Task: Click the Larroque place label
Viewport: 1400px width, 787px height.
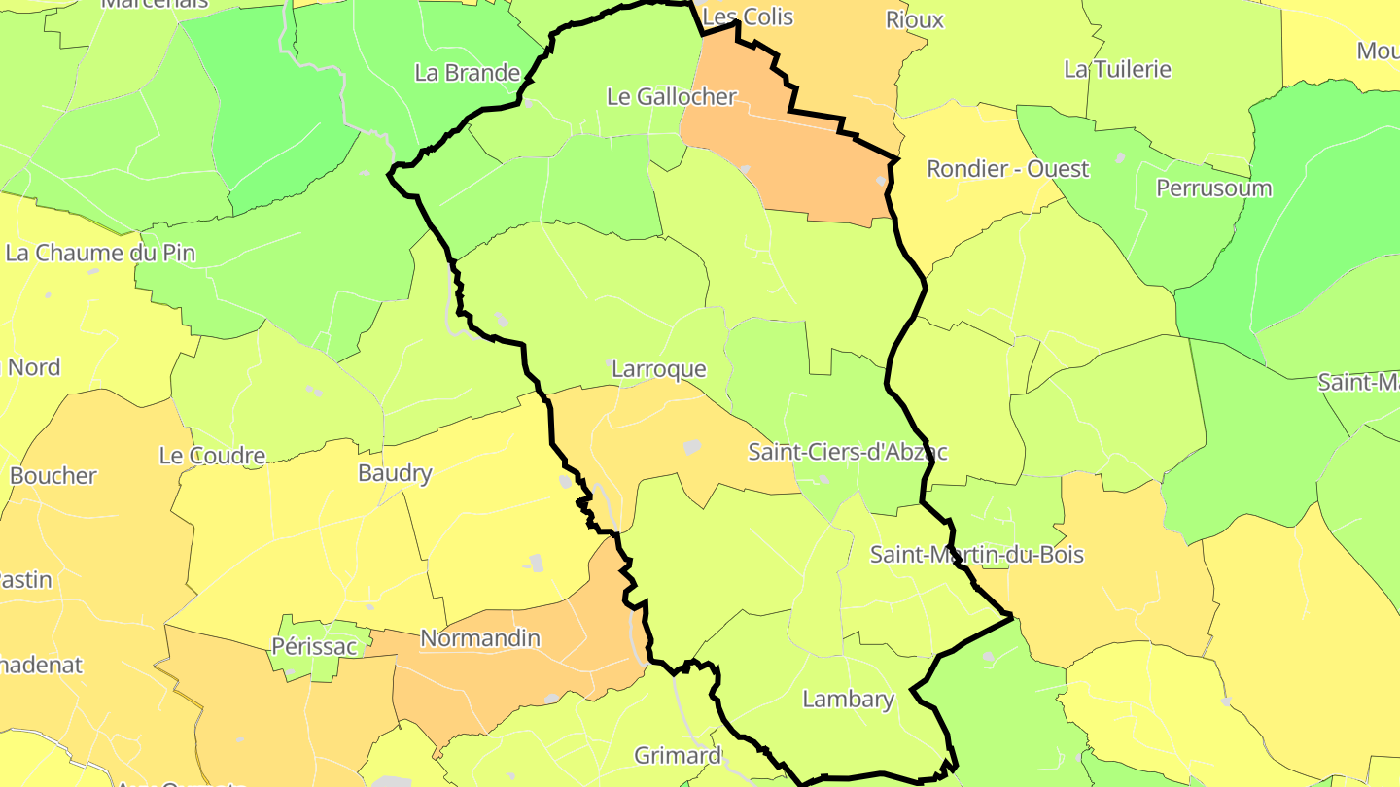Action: coord(658,369)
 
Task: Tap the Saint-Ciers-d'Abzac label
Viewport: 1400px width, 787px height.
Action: coord(847,452)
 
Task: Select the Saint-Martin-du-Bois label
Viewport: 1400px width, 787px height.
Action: coord(976,555)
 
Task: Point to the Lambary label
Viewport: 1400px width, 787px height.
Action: coord(848,699)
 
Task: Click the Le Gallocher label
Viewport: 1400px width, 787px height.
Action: coord(671,97)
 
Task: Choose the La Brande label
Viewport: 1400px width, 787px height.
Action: coord(467,72)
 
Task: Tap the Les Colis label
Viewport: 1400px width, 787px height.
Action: coord(747,17)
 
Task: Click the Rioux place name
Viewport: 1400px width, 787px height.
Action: coord(914,19)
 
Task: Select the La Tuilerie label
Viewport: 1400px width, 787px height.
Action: coord(1117,69)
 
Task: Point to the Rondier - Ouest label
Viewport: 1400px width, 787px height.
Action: coord(1007,168)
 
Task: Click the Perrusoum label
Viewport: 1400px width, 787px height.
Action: coord(1213,188)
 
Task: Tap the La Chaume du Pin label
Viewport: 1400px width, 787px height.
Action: coord(100,253)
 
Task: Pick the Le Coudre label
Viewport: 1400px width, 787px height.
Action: coord(212,456)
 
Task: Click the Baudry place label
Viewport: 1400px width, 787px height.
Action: coord(395,473)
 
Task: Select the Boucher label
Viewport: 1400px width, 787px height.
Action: coord(53,476)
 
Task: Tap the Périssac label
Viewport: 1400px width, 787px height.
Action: coord(307,645)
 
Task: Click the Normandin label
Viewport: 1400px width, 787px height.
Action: coord(479,638)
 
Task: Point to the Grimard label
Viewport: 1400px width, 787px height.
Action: coord(678,755)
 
